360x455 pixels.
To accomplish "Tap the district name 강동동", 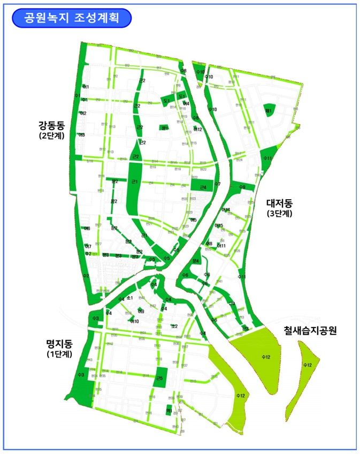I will click(x=51, y=126).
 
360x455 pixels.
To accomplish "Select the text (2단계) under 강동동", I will click(x=51, y=136).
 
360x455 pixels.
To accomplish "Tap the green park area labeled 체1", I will click(x=269, y=112).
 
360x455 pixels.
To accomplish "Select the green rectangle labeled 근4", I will click(x=202, y=186).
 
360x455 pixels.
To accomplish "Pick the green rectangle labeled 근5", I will click(x=159, y=378).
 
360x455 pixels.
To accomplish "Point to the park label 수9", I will click(x=242, y=187).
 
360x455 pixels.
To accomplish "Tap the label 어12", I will click(x=197, y=130).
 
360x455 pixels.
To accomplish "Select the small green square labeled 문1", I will click(x=164, y=127).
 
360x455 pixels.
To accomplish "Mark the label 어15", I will click(x=219, y=225).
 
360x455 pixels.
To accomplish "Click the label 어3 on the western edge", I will click(x=82, y=135).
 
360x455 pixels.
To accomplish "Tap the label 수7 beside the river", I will click(x=217, y=184).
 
